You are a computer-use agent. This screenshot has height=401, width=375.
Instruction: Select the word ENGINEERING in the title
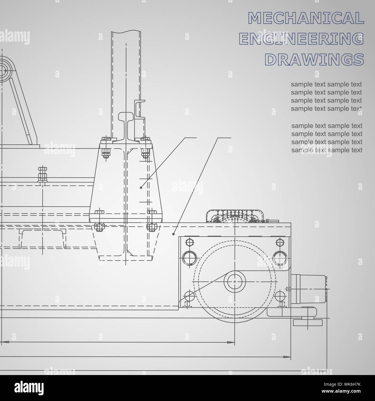[302, 39]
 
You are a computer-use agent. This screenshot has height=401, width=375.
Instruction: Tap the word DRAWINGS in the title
[314, 59]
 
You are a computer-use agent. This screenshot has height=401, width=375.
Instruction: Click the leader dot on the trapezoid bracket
[141, 188]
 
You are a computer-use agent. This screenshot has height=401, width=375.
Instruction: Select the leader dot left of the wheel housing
[173, 234]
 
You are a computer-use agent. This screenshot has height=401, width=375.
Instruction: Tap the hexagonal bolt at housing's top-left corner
[189, 241]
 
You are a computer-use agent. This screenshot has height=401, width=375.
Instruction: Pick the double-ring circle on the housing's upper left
[189, 256]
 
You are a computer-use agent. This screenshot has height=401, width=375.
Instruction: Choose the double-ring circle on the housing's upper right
[279, 256]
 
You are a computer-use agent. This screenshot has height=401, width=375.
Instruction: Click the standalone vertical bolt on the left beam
[42, 175]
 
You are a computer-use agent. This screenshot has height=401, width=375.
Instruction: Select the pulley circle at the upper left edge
[5, 70]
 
